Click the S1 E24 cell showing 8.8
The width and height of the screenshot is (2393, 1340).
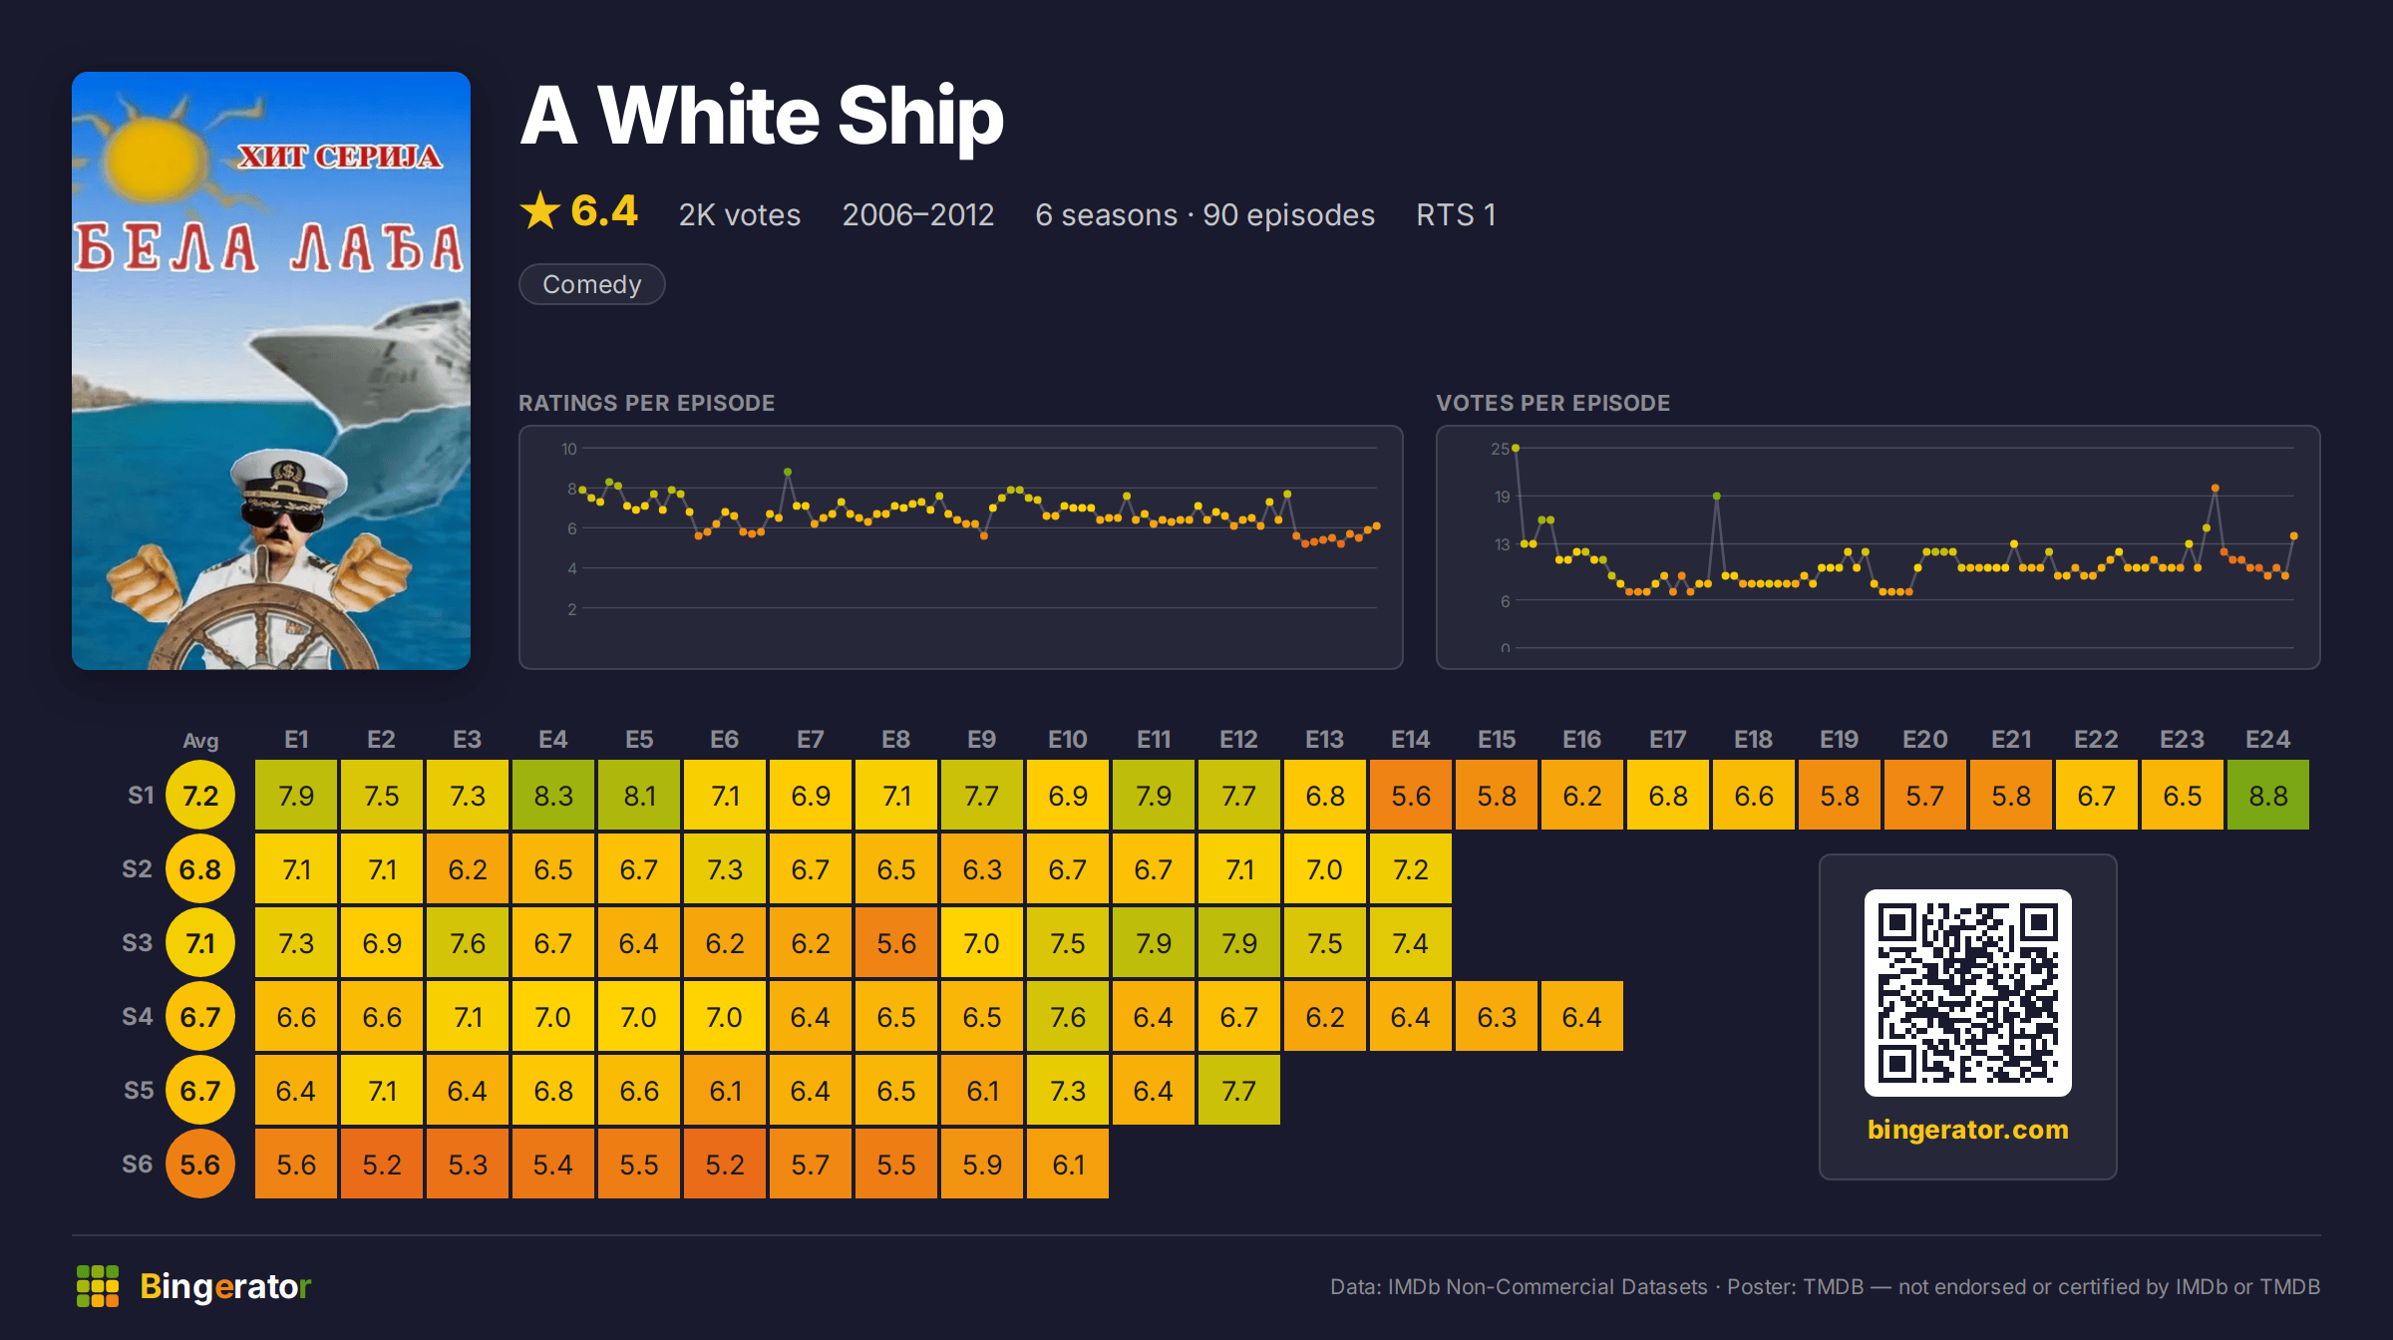[2267, 795]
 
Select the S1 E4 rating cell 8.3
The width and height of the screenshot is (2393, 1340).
[553, 795]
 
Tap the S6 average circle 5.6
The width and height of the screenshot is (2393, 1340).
[200, 1164]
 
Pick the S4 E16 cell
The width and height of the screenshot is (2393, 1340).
[1582, 1016]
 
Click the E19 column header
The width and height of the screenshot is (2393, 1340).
[1839, 739]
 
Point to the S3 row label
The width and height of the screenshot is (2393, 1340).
[138, 942]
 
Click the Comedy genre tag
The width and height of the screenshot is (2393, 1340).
[592, 284]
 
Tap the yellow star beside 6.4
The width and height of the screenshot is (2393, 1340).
[540, 210]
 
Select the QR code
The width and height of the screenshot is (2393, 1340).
[1968, 993]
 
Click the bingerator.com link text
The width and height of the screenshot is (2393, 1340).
[1968, 1130]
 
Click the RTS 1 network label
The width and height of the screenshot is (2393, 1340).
[1456, 214]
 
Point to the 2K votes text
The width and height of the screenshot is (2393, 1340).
[740, 214]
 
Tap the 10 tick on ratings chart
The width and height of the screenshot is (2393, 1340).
[569, 449]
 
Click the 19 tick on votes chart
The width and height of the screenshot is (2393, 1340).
[1502, 497]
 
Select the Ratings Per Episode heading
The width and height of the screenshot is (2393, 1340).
[647, 403]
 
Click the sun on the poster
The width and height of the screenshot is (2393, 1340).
[155, 160]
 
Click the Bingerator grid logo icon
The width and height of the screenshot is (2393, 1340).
[98, 1286]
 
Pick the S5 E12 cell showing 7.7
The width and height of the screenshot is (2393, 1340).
[1239, 1090]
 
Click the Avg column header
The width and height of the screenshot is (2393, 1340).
[200, 741]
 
